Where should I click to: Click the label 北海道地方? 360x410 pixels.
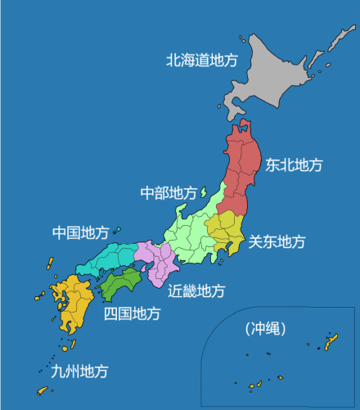click(201, 60)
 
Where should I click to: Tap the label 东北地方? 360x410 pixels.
click(294, 164)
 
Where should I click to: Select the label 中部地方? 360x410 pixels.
click(169, 193)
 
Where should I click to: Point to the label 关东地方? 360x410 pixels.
click(277, 241)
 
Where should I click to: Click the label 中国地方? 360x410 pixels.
click(80, 233)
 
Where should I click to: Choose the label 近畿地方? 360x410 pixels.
click(197, 291)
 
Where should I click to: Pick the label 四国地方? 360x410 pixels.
click(132, 313)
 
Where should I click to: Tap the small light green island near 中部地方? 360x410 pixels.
click(201, 193)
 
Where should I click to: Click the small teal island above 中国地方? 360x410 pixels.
click(119, 230)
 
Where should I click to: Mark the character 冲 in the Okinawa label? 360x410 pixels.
click(258, 329)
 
